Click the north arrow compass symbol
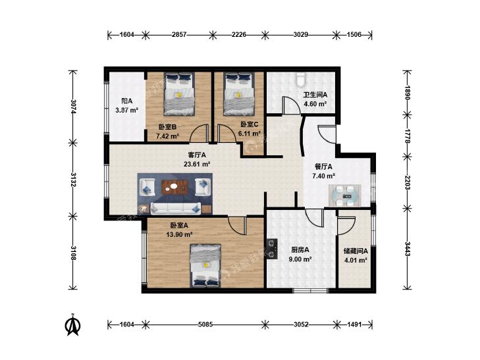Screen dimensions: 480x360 73,325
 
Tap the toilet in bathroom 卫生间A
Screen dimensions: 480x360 300,79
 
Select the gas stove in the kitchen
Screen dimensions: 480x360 272,249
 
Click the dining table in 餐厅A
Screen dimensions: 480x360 345,195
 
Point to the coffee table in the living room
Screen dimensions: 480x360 174,187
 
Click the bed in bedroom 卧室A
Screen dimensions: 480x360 205,266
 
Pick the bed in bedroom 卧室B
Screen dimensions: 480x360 179,93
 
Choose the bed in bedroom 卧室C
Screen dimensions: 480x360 239,93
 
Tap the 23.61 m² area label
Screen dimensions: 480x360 197,164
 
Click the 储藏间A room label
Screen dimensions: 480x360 356,251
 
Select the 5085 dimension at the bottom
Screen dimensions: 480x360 205,324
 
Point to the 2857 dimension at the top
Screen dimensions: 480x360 179,34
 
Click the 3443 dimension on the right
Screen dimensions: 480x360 408,249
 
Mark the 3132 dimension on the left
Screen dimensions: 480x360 73,180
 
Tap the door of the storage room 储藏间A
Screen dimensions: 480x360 346,226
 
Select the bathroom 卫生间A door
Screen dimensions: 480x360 291,105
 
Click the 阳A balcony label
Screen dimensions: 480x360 126,101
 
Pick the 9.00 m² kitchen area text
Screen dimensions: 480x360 300,259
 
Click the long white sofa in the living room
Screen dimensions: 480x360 176,208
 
